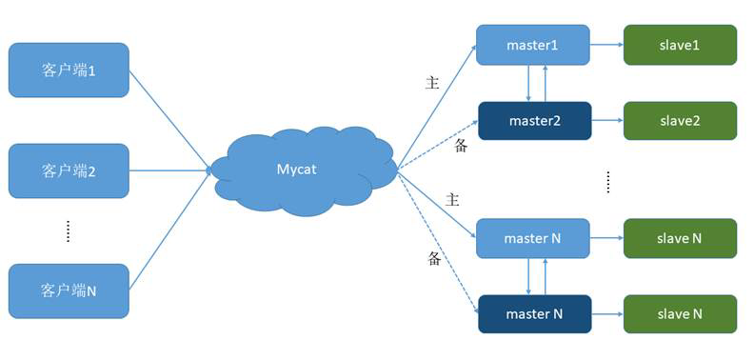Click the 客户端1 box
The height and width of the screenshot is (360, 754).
(x=69, y=70)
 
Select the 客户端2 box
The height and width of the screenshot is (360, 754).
(x=69, y=170)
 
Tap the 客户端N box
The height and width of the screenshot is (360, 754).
(x=69, y=290)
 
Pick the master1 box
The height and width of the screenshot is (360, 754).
(x=533, y=45)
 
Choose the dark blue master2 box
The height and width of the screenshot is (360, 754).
(x=534, y=121)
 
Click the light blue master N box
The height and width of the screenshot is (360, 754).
(x=533, y=238)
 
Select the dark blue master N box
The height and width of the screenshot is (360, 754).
(x=534, y=313)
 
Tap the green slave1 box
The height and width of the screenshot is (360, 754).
(x=680, y=45)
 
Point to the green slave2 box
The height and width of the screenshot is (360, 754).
(x=680, y=121)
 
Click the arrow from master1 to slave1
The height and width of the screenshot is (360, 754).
(x=606, y=45)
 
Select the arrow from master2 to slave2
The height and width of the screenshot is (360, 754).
(x=606, y=121)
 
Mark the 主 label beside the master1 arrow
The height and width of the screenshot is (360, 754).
(x=431, y=83)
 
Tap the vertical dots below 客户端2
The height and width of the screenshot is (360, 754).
(x=68, y=231)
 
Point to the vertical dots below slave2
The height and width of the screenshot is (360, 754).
(x=607, y=181)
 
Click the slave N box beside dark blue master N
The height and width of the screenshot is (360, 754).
(x=680, y=313)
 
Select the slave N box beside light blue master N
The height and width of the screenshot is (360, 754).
(x=680, y=238)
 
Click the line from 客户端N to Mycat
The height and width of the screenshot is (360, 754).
(x=169, y=231)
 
